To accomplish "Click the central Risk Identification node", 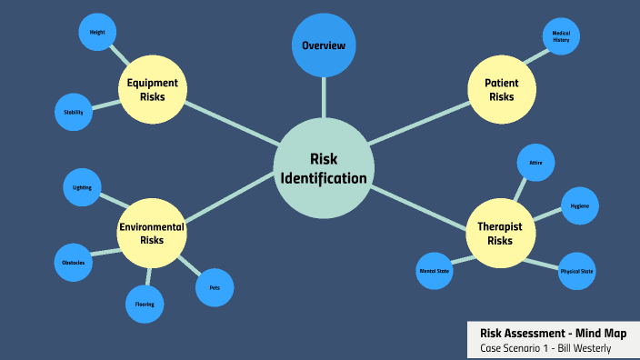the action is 324,168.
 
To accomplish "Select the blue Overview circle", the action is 324,45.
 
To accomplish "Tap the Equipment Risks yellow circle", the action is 153,90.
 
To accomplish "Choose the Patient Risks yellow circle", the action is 501,90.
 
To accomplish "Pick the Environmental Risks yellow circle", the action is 152,234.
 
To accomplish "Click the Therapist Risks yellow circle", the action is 500,235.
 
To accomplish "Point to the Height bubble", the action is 96,34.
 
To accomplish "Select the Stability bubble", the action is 74,112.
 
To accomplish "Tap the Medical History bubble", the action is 560,37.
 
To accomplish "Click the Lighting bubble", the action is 83,187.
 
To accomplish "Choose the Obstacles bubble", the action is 74,263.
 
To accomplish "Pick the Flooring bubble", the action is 145,304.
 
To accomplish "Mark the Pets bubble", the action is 215,288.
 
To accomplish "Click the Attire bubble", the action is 535,163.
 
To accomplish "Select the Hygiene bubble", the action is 579,206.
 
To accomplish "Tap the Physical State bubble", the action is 577,271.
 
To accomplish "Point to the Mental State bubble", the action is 434,271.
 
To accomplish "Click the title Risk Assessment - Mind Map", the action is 553,334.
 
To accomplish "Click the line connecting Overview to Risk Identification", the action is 324,97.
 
